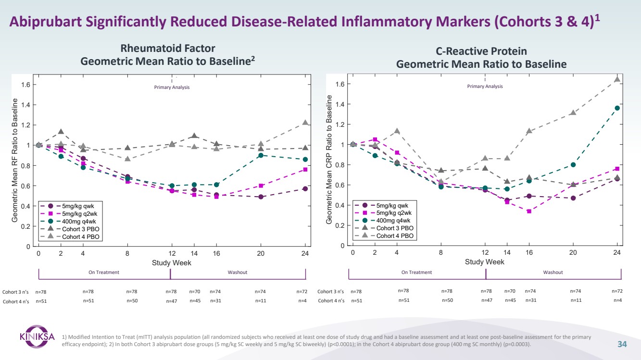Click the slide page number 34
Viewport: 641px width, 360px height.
coord(622,344)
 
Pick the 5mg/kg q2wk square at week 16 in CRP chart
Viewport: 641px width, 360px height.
coord(529,211)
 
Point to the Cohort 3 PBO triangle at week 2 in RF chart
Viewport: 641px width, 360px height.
coord(61,132)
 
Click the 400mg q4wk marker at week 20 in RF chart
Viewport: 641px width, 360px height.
coord(261,155)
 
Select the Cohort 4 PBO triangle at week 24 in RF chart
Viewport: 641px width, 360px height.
coord(305,123)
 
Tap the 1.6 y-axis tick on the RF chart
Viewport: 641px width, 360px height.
coord(25,85)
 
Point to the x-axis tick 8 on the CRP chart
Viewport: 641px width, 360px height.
coord(441,253)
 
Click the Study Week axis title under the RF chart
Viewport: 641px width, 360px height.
coord(172,263)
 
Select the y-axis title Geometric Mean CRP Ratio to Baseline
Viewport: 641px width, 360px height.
coord(329,159)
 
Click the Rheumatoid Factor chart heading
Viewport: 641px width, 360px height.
coord(167,49)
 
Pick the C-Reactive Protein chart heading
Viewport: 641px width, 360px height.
coord(481,51)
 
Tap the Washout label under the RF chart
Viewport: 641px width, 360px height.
coord(237,273)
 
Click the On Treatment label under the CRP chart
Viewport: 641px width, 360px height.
coord(416,273)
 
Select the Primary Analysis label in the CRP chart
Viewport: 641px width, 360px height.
coord(485,87)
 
